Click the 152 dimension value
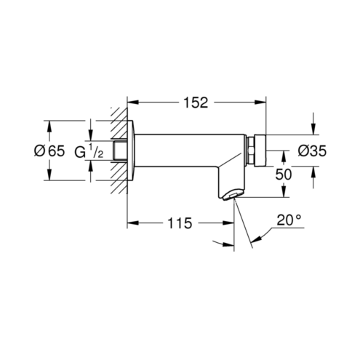coord(196,103)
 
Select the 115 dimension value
coord(180,223)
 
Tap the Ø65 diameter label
coord(49,151)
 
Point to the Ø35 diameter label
coord(312,151)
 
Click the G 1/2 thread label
coord(89,151)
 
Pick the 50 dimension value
coord(284,175)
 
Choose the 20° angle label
coord(289,220)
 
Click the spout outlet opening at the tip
coord(231,196)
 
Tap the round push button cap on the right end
coord(260,151)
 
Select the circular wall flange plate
coord(130,151)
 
